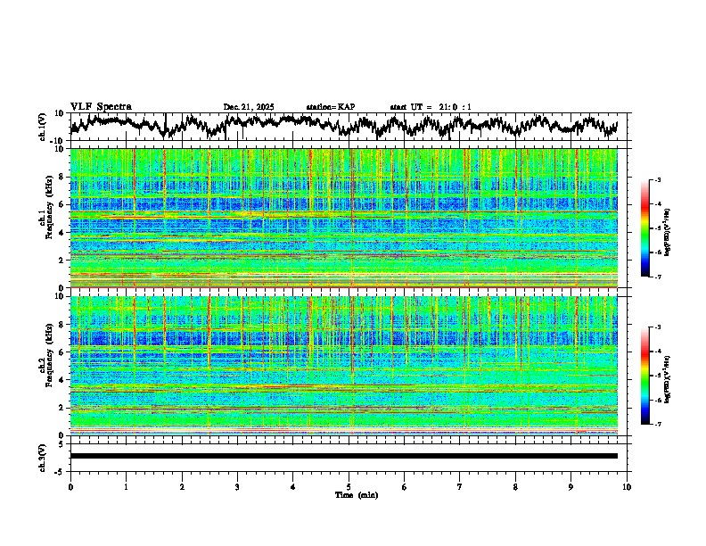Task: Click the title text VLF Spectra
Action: pyautogui.click(x=101, y=106)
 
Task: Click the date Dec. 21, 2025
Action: pyautogui.click(x=249, y=107)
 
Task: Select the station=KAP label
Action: pyautogui.click(x=330, y=107)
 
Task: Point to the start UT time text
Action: pyautogui.click(x=423, y=107)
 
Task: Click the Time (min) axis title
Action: pyautogui.click(x=356, y=494)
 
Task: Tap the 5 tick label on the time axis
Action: pyautogui.click(x=349, y=486)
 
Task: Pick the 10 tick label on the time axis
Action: pyautogui.click(x=627, y=486)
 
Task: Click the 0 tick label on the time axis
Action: pyautogui.click(x=70, y=486)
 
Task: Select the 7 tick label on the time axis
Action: pyautogui.click(x=460, y=486)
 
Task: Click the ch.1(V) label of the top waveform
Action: pyautogui.click(x=43, y=127)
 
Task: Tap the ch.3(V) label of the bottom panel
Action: pyautogui.click(x=43, y=456)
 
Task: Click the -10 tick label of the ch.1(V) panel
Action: pyautogui.click(x=56, y=141)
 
